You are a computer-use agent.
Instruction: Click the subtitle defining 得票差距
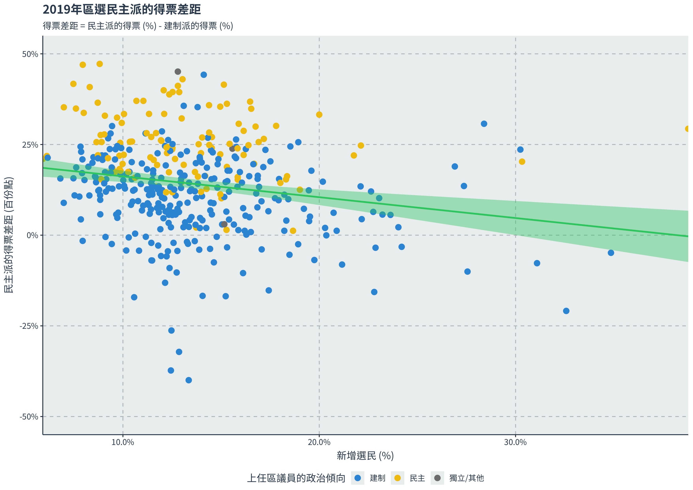138,26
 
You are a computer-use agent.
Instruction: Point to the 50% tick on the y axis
30,54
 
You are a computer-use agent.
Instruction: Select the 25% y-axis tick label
30,145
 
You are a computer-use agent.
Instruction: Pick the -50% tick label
29,417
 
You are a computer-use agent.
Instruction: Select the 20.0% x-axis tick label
319,442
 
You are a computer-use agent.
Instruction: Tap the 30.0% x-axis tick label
515,442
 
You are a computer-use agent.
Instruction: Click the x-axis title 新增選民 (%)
365,456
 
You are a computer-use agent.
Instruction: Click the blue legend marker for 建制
358,478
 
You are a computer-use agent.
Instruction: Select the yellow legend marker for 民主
398,478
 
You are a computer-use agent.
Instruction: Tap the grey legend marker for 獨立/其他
437,478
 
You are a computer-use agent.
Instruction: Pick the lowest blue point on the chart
189,380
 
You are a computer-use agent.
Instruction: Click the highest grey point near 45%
178,72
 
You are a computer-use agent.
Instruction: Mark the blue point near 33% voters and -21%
566,311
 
